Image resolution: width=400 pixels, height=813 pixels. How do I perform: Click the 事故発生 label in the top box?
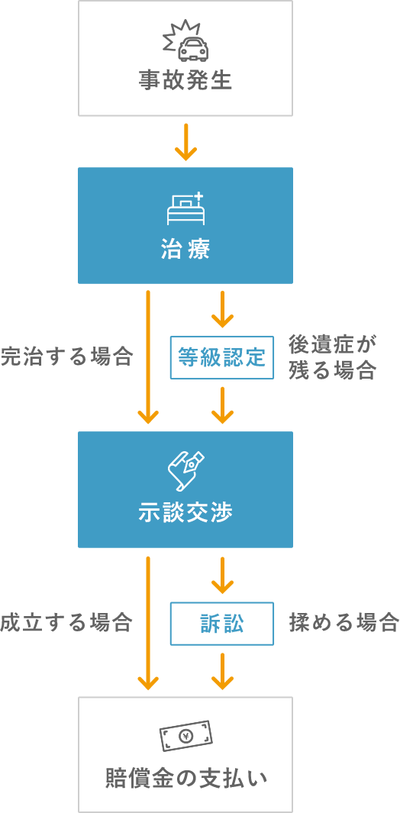click(x=185, y=79)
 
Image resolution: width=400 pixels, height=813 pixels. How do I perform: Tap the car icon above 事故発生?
click(x=185, y=42)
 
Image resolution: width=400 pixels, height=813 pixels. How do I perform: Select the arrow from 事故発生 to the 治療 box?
click(x=185, y=143)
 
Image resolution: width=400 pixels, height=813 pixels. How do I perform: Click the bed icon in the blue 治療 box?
click(x=185, y=208)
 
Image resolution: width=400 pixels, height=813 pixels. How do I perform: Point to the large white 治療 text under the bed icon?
click(x=185, y=250)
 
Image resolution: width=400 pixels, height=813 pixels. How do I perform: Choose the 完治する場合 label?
click(x=67, y=356)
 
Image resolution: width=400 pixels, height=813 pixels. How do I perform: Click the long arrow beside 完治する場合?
click(x=148, y=356)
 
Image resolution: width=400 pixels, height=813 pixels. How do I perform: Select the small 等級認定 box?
click(x=221, y=357)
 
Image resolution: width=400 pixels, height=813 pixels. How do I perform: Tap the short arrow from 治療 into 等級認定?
click(x=222, y=309)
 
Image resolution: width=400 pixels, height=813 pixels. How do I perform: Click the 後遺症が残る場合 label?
click(x=333, y=356)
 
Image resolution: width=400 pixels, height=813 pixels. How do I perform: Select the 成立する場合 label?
click(x=66, y=622)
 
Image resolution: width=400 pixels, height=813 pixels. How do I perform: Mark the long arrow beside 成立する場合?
click(x=148, y=623)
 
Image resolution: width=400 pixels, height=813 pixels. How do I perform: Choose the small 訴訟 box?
click(x=221, y=623)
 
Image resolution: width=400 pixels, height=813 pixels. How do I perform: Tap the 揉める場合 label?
click(x=344, y=622)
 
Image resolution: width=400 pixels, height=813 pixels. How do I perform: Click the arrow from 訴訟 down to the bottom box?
click(x=222, y=671)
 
